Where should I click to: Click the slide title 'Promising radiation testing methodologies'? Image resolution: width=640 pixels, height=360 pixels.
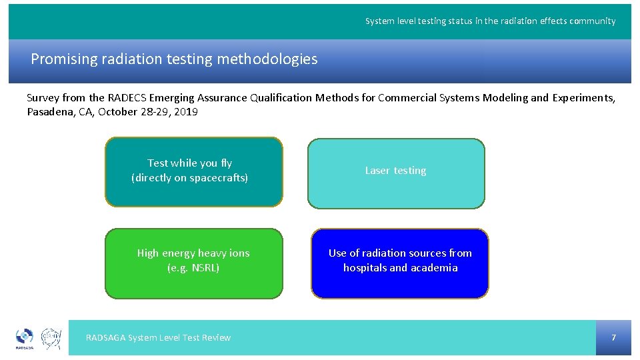tap(174, 59)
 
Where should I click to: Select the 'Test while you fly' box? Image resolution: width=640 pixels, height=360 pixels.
tap(193, 171)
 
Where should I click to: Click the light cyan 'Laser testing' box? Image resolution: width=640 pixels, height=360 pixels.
tap(395, 173)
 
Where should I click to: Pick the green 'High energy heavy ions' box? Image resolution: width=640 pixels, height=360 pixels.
tap(193, 263)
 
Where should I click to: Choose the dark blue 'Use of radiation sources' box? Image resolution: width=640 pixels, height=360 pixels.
tap(399, 263)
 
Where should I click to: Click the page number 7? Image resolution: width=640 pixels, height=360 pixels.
tap(613, 337)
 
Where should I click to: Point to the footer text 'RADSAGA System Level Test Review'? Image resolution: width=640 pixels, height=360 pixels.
tap(158, 338)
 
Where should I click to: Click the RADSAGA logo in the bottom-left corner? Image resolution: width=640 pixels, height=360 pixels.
tap(25, 338)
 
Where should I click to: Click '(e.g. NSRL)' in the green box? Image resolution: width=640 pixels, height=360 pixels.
tap(193, 268)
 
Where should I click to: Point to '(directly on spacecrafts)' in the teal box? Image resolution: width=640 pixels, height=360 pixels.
tap(190, 178)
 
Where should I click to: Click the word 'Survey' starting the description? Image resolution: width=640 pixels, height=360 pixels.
tap(43, 98)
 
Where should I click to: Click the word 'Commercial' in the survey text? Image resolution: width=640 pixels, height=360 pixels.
tap(409, 98)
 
